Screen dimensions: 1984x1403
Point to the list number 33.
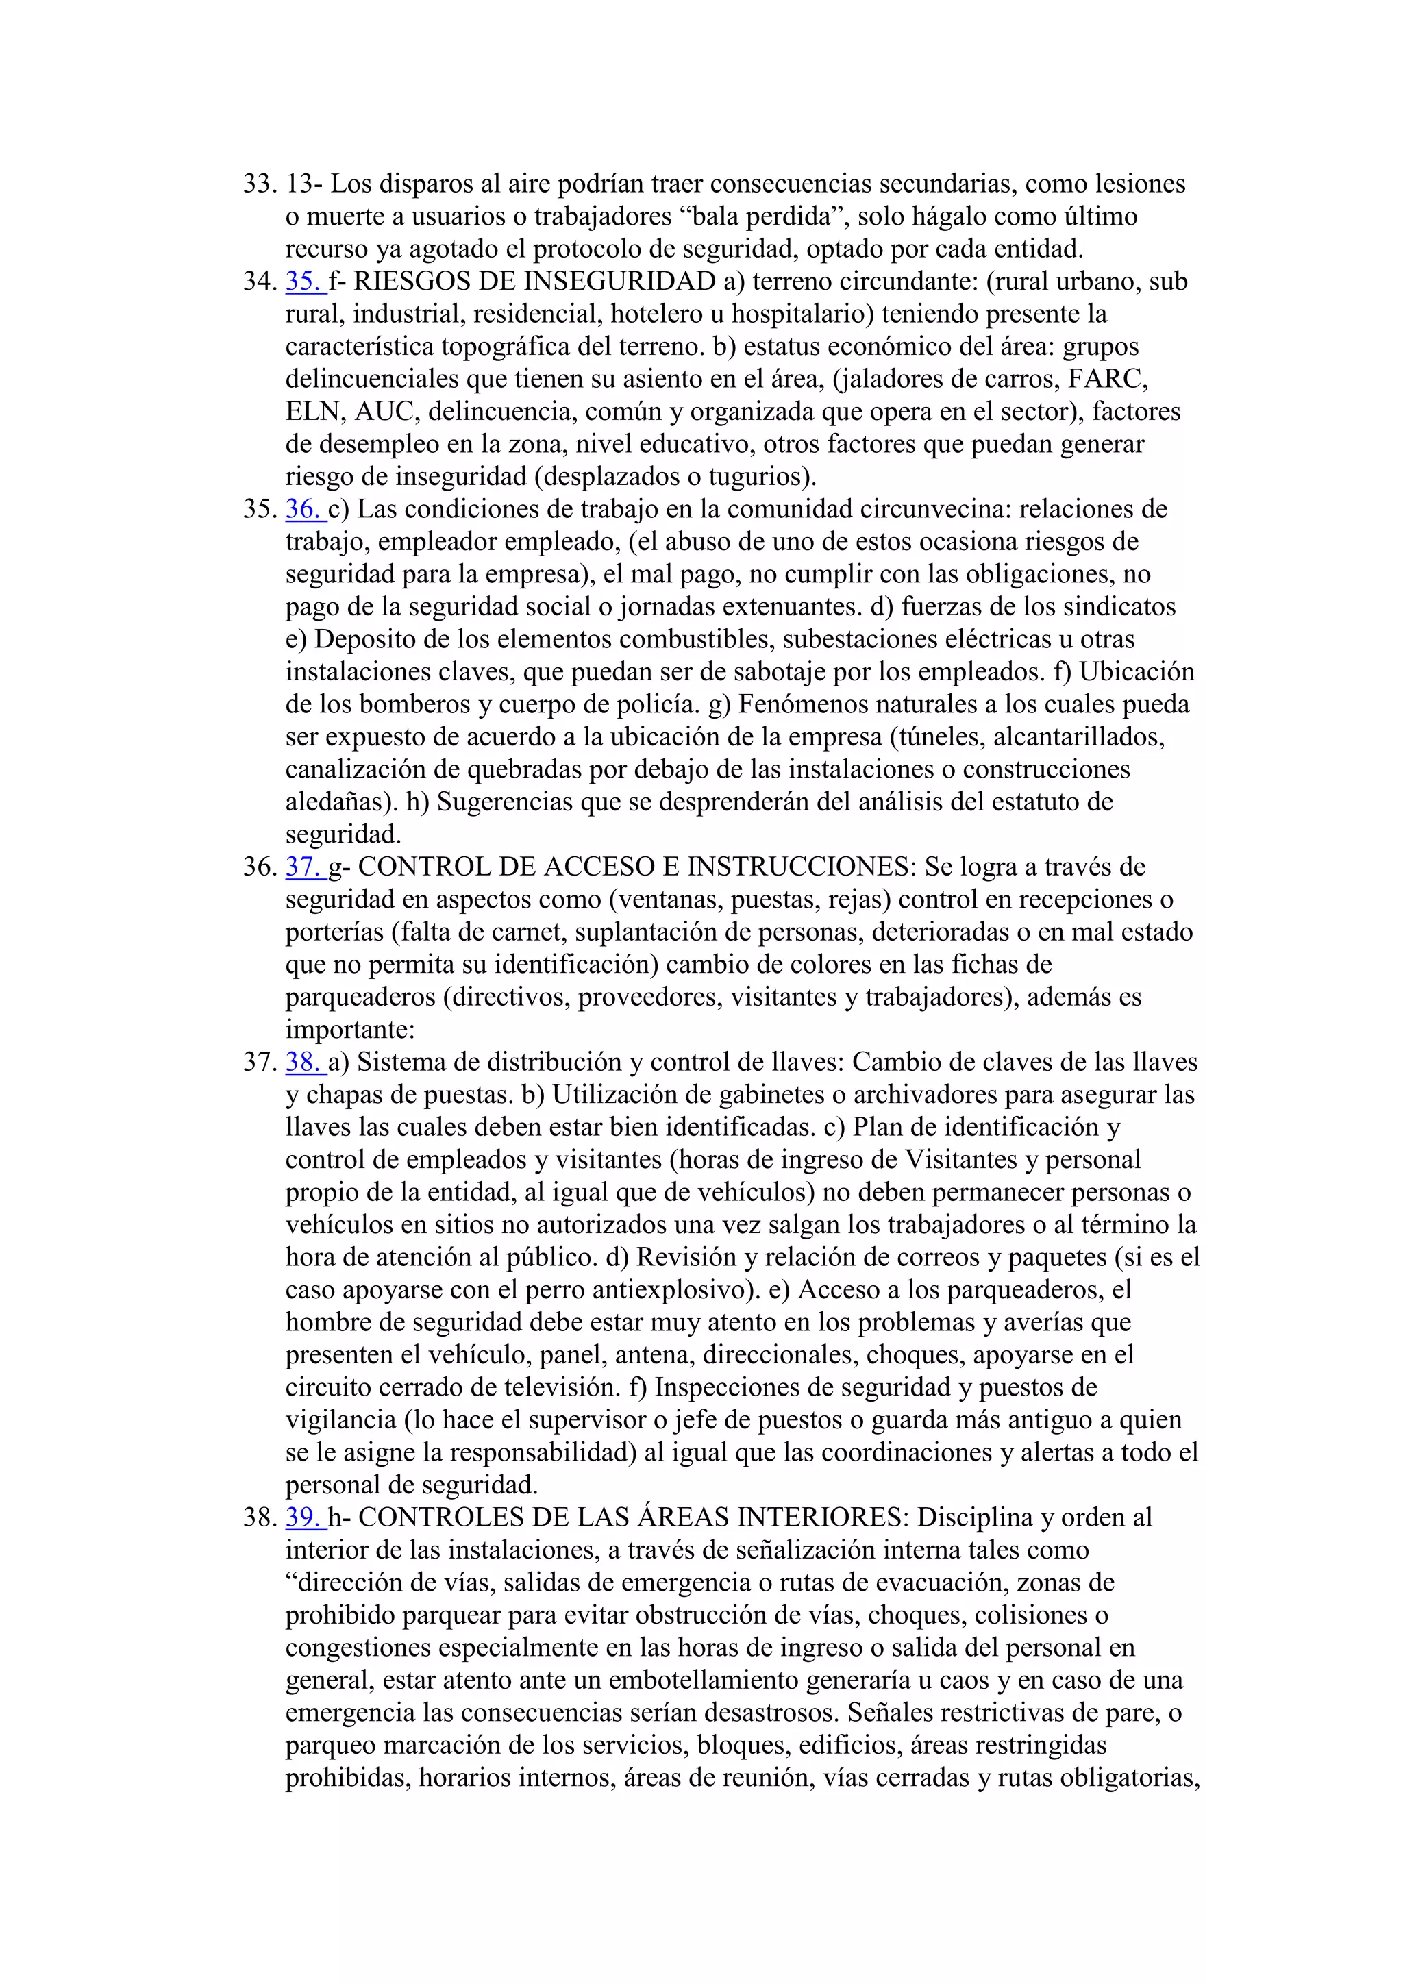click(x=259, y=184)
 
